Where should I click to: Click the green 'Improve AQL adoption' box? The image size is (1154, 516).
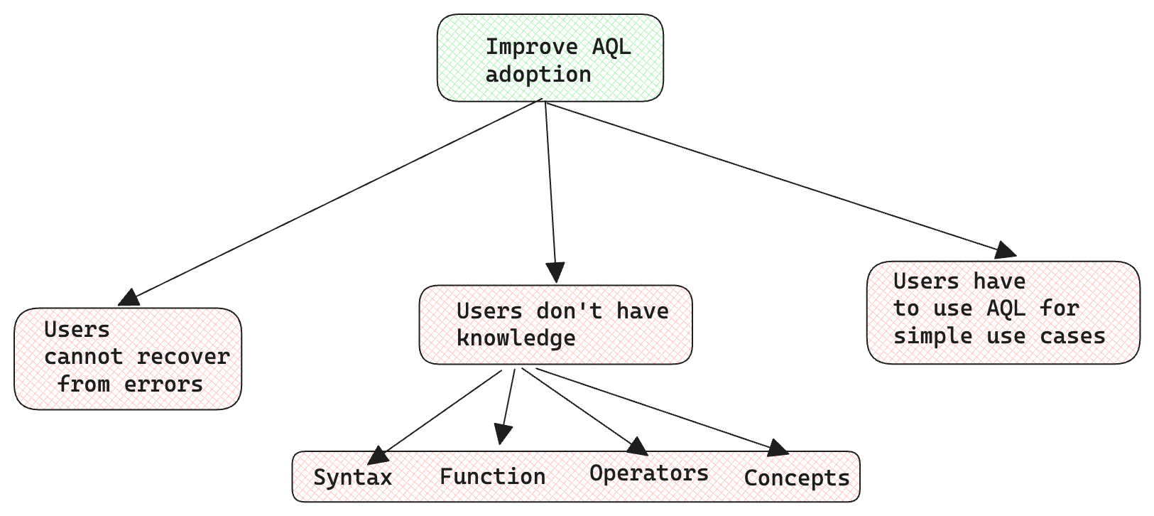point(550,58)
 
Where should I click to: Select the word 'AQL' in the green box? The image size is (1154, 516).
point(611,47)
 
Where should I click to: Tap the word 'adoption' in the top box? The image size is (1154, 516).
point(538,75)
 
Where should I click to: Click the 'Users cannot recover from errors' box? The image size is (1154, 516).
point(128,359)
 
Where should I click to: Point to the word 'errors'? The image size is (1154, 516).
point(163,385)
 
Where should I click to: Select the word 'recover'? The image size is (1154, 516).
point(183,357)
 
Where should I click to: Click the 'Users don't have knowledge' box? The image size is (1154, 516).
point(555,325)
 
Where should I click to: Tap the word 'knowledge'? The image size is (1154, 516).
point(516,339)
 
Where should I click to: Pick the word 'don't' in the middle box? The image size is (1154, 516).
point(569,311)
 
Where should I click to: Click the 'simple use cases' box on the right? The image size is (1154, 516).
point(1003,313)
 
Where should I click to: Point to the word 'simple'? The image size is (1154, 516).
point(932,337)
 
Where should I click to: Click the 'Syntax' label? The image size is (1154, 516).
point(352,478)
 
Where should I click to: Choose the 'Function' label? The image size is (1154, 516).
point(493,476)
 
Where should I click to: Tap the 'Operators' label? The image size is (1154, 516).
point(649,473)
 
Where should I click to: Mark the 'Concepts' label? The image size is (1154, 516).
point(797,478)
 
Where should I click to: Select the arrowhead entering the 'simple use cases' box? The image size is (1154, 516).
point(1005,250)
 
